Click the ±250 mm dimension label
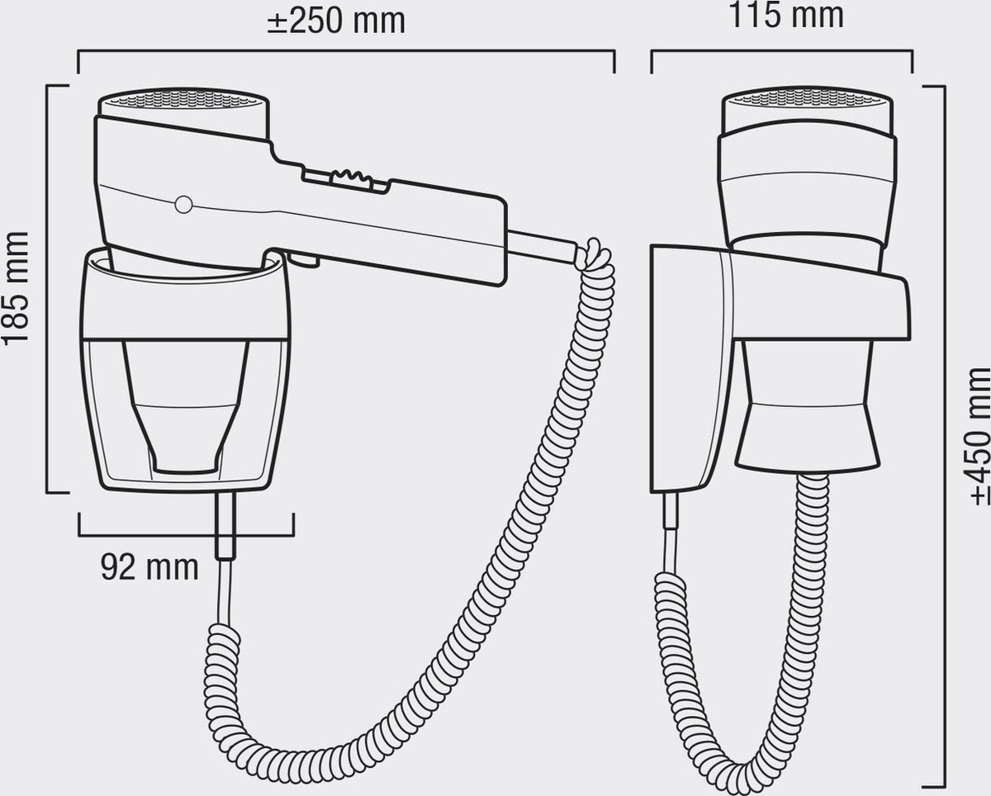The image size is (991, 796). click(336, 21)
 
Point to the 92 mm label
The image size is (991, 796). click(149, 567)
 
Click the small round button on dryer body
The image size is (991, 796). click(183, 205)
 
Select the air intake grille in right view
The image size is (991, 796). click(807, 97)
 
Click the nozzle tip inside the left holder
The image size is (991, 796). click(184, 464)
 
